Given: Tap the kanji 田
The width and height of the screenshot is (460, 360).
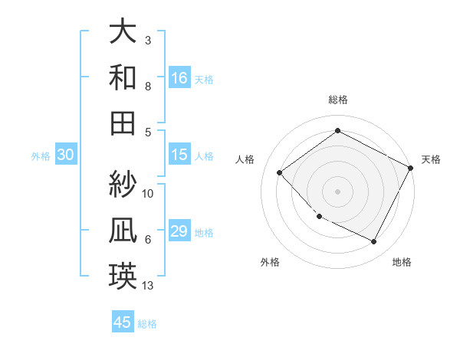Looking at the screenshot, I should (x=123, y=123).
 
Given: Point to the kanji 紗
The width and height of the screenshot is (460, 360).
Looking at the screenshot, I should (x=123, y=184).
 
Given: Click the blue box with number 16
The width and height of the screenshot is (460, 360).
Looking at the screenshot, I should (x=179, y=77).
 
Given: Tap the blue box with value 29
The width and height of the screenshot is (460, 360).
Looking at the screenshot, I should (x=179, y=231).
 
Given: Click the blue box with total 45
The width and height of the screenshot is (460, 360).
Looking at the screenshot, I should (x=123, y=322).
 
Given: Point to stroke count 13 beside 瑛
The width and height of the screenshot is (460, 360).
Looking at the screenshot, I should (x=149, y=286).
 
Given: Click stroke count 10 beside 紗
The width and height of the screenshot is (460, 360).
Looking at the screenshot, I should (x=149, y=193).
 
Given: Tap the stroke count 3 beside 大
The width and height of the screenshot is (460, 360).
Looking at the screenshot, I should (x=148, y=40).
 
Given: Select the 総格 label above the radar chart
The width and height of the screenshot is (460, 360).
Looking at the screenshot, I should (x=337, y=100).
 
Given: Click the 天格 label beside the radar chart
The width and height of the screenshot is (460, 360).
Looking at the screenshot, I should (x=432, y=159).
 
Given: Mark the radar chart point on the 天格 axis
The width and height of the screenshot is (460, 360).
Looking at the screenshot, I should (x=411, y=168).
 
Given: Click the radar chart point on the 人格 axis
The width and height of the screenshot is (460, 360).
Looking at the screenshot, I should (x=280, y=173).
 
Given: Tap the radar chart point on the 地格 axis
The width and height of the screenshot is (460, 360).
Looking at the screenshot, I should (x=374, y=242).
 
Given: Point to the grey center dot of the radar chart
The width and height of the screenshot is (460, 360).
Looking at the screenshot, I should (x=337, y=191).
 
